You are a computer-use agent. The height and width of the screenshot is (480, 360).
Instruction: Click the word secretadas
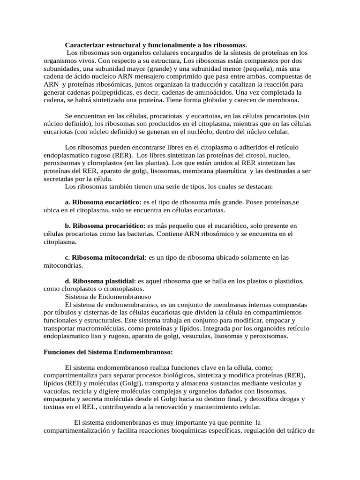(x=60, y=179)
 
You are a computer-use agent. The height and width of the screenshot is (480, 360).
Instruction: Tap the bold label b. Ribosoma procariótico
(x=105, y=226)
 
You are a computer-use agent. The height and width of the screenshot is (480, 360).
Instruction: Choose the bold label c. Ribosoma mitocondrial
(x=106, y=257)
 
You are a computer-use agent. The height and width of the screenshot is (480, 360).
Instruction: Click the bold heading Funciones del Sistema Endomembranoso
(x=108, y=352)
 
